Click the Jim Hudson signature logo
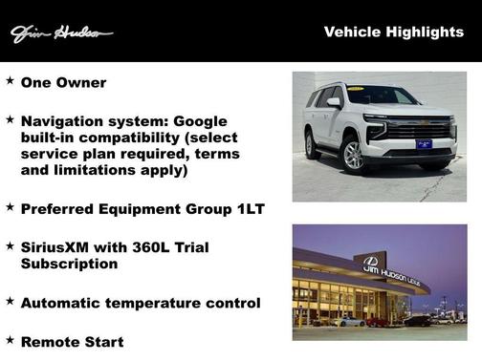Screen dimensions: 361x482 pos(61,34)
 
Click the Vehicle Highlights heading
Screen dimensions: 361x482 pos(393,32)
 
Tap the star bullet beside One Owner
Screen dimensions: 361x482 pos(11,81)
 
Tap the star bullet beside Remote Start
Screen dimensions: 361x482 pos(11,339)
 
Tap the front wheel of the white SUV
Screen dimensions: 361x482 pos(354,156)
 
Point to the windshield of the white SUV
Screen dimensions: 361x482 pos(382,96)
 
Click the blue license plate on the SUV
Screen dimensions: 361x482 pos(425,144)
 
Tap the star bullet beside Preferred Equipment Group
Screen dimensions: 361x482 pos(11,206)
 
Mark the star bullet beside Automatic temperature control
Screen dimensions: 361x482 pos(11,301)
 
